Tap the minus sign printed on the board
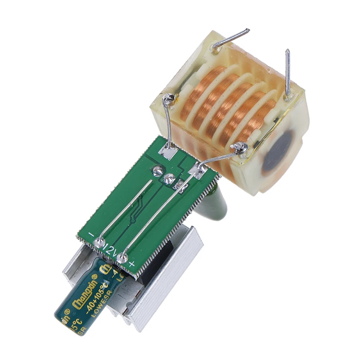pyautogui.click(x=91, y=235)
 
